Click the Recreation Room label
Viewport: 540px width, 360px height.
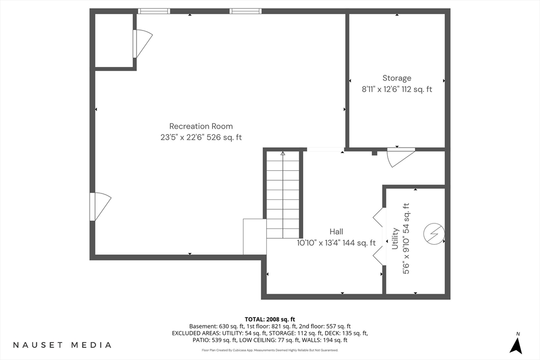(x=201, y=127)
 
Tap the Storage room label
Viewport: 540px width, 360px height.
(x=397, y=78)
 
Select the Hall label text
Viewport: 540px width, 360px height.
(x=336, y=231)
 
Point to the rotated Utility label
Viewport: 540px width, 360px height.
(x=395, y=239)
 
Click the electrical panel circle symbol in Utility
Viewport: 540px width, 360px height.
(x=434, y=234)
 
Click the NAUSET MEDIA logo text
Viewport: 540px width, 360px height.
(x=62, y=345)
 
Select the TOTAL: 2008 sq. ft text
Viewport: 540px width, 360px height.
(x=269, y=319)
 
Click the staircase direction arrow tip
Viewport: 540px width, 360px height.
(x=283, y=152)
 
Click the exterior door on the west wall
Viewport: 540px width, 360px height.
(x=100, y=207)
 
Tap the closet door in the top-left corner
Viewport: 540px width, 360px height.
(x=142, y=44)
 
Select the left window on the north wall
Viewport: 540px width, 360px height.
(x=154, y=11)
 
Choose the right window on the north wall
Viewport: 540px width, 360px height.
(x=246, y=11)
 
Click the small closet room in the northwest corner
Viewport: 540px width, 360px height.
(x=114, y=41)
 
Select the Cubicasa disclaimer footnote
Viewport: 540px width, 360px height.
(x=270, y=351)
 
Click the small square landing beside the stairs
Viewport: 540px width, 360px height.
(x=255, y=237)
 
